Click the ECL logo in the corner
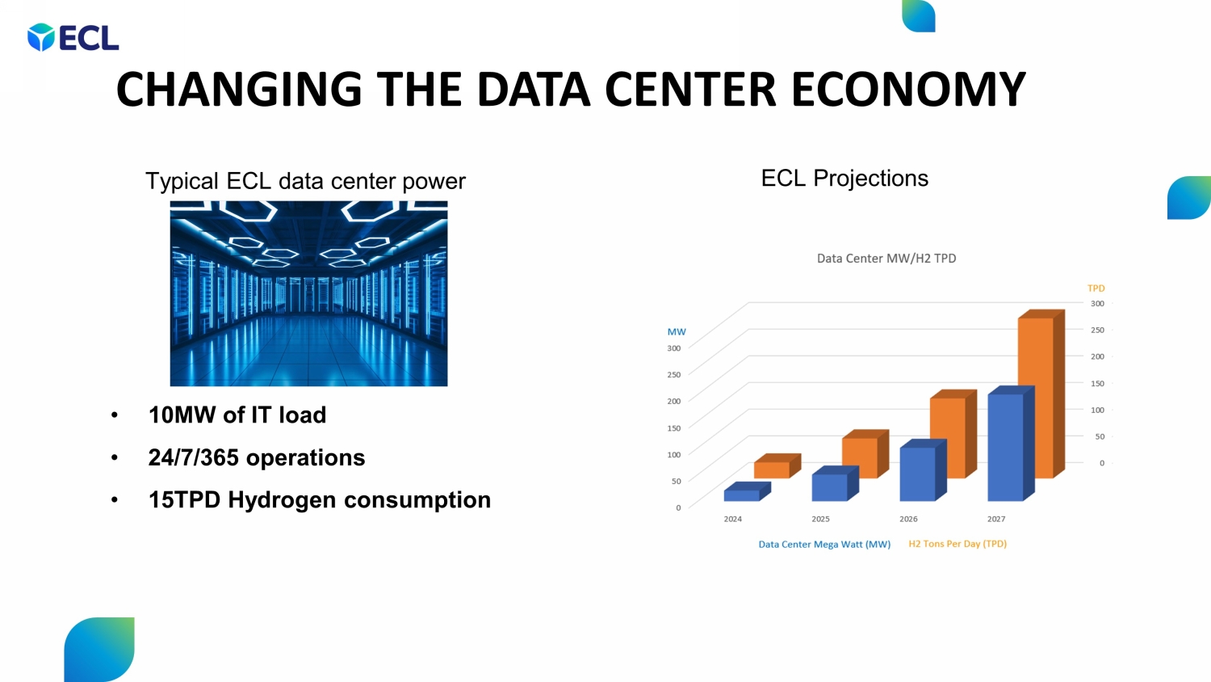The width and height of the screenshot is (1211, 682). [x=73, y=38]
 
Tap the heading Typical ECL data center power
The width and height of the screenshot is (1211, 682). [x=305, y=181]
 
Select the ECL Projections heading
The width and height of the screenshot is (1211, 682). [x=844, y=178]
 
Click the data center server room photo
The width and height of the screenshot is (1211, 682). [x=308, y=293]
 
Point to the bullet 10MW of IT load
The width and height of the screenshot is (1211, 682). [x=237, y=415]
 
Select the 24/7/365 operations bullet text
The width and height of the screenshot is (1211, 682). [x=257, y=457]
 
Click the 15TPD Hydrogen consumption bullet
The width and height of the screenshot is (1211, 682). [x=319, y=499]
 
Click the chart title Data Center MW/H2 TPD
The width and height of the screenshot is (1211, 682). [x=886, y=259]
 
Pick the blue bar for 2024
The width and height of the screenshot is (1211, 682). [x=741, y=495]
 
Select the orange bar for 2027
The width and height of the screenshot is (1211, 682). [x=1036, y=396]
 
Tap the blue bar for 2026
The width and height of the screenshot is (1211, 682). [x=917, y=474]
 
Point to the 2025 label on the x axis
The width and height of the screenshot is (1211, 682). [x=820, y=519]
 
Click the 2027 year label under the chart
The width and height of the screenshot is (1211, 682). [x=996, y=519]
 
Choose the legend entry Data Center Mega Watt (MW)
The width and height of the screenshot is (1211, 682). [x=824, y=544]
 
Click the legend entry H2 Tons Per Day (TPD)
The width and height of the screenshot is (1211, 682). [x=957, y=544]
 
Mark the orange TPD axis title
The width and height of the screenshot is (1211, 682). [x=1096, y=288]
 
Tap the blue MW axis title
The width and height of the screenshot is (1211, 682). [x=677, y=332]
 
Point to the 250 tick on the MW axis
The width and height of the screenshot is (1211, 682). [x=673, y=375]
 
